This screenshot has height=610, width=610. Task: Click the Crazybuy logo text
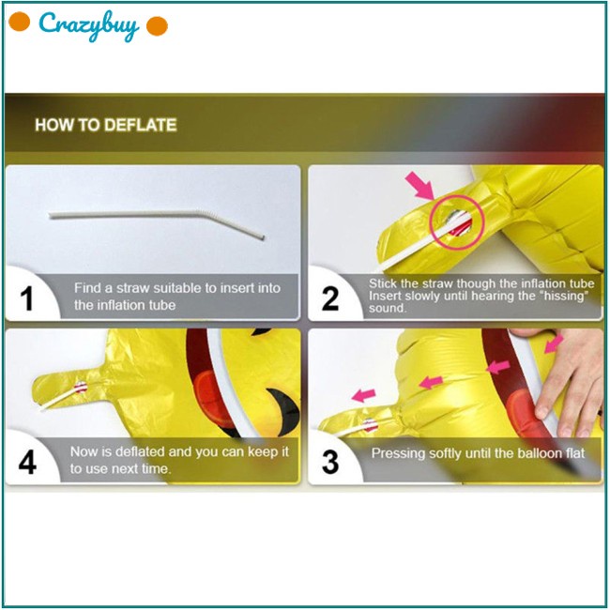point(89,25)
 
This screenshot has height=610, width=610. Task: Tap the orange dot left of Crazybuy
point(19,22)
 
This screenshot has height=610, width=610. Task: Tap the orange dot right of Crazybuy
point(157,26)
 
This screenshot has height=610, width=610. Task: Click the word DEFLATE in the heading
point(141,125)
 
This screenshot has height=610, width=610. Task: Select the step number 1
point(26,298)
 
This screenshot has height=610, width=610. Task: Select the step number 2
point(330,298)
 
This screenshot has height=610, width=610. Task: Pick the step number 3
point(330,462)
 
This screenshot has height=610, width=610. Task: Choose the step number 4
point(27,462)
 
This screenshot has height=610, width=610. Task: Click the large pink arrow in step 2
point(419,186)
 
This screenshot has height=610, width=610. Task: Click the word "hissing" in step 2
point(565,296)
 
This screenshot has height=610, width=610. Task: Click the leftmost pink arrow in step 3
point(364,395)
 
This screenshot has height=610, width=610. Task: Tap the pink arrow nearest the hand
point(554,343)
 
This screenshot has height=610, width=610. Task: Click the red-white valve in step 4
point(81,387)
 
